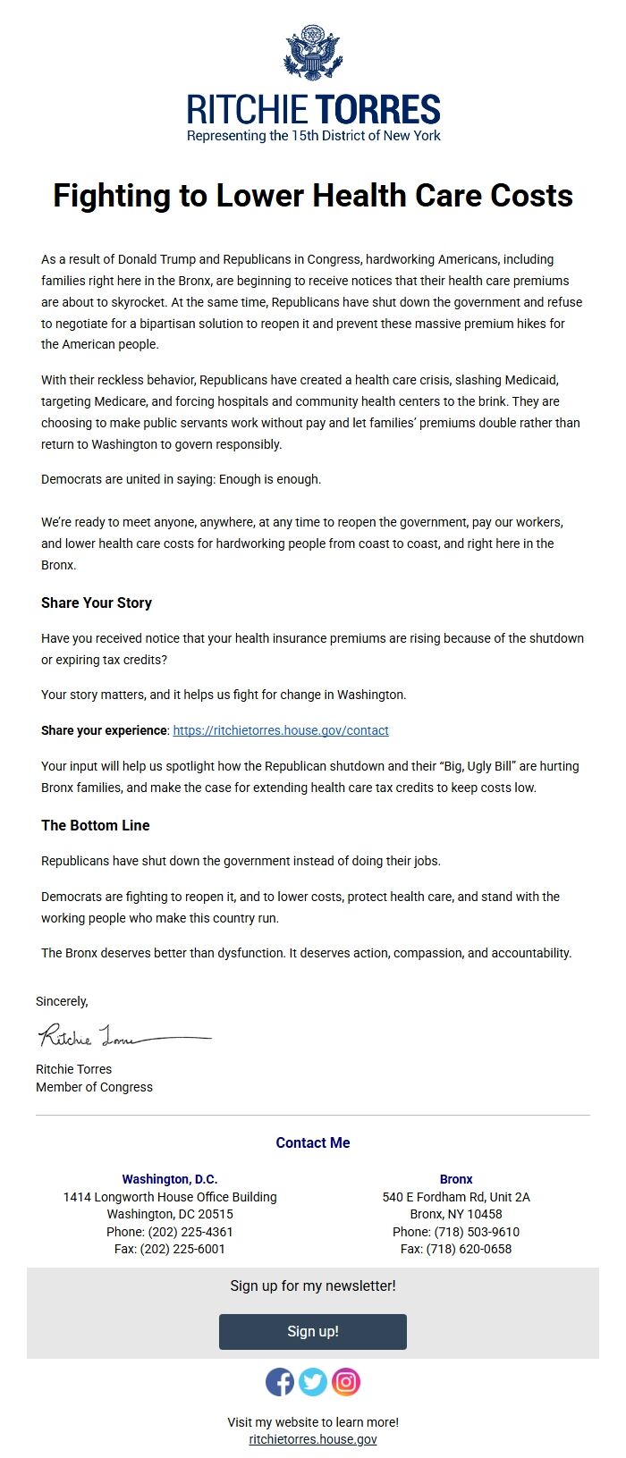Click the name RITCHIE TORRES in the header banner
313,110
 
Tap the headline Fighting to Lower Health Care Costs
313,196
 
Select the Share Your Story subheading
97,603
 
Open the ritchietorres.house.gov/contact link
281,730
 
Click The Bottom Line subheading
96,825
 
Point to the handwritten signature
123,1036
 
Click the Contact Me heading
313,1142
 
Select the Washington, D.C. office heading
170,1179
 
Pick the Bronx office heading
456,1179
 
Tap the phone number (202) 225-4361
190,1232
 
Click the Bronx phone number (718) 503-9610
477,1232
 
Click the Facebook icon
280,1382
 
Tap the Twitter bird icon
313,1382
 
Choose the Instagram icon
346,1382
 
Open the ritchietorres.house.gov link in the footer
313,1439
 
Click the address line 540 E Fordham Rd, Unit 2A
456,1197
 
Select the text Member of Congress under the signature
94,1087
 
